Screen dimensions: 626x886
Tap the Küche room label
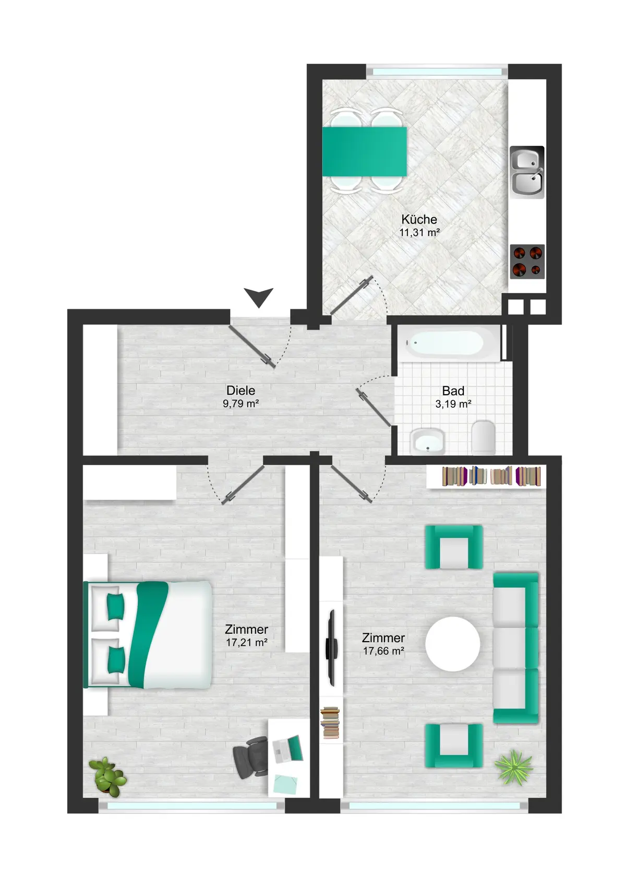419,219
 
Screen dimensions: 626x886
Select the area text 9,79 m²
240,404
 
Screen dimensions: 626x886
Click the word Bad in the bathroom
453,391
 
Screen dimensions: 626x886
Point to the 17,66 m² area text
383,651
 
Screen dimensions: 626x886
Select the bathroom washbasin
428,442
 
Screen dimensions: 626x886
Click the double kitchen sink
527,172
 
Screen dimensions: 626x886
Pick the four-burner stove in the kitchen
527,262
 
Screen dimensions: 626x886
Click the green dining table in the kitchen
364,151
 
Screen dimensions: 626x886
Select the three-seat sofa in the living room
516,648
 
